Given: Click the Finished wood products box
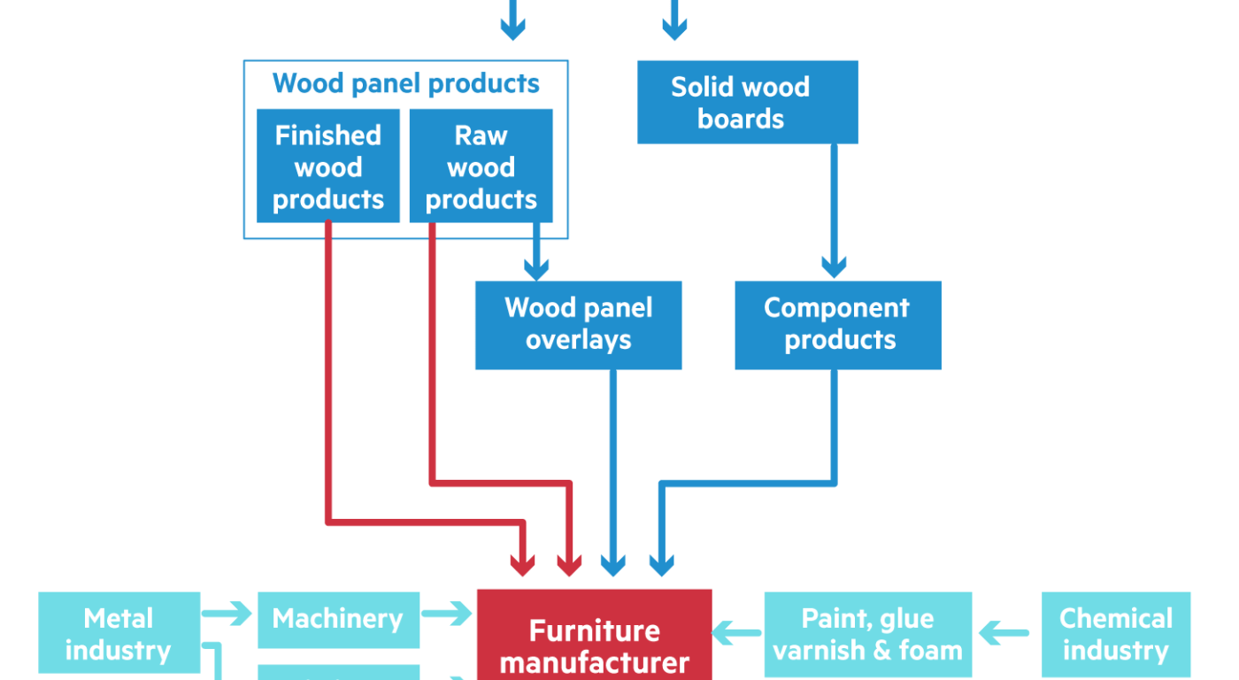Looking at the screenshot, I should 328,166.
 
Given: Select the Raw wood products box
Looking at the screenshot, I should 481,166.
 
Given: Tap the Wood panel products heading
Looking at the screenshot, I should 405,84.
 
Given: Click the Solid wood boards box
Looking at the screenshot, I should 747,102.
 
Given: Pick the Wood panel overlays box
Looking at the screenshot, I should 578,325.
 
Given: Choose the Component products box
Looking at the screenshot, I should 837,325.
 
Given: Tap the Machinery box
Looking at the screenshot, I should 337,619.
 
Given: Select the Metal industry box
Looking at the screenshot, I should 119,633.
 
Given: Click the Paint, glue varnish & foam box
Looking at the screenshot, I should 867,634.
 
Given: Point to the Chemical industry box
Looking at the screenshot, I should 1116,634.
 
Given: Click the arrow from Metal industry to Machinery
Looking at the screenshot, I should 228,613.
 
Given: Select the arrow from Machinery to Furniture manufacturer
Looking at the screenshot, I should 448,613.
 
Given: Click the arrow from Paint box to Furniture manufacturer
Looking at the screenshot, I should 737,634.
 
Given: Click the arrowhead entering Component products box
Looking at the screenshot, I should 834,266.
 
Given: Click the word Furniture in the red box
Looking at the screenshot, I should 594,631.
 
